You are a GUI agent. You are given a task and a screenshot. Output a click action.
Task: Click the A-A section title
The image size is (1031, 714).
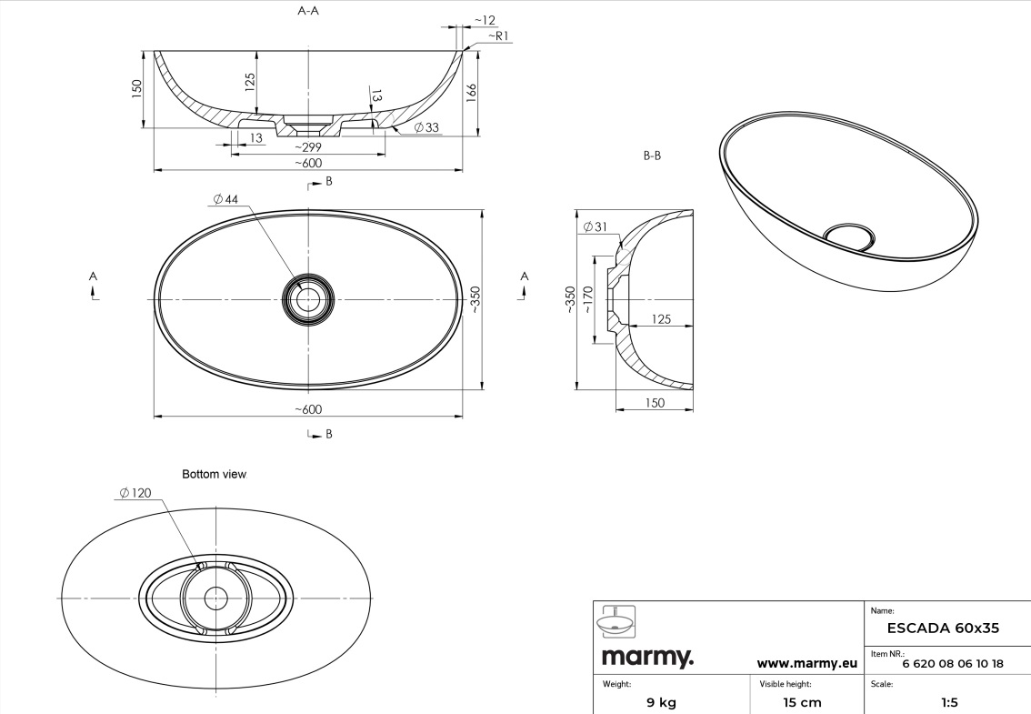coord(308,11)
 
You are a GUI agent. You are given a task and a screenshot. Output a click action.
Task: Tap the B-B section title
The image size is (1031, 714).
coord(652,156)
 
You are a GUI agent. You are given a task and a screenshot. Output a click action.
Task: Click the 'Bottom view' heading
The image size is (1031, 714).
coord(214,474)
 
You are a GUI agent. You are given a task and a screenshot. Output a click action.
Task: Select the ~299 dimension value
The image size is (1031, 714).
coord(307,146)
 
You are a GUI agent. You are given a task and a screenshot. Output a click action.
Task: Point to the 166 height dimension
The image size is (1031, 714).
coord(471,93)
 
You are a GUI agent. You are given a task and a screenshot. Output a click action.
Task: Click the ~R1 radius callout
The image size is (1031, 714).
coord(498,35)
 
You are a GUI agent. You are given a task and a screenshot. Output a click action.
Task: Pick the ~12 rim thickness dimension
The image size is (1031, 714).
coord(485,20)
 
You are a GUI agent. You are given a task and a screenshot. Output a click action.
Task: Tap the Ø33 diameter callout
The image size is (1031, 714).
coord(426,127)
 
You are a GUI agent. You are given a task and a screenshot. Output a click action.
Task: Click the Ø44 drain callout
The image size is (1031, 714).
coord(225,198)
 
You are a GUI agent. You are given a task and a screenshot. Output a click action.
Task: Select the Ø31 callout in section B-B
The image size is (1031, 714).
coord(596,227)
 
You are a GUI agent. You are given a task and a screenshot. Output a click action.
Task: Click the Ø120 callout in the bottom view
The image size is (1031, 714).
coord(135,492)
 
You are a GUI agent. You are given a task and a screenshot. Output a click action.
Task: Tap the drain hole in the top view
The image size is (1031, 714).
coord(308,299)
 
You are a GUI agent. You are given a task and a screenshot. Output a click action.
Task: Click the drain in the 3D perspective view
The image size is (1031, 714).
coord(849,236)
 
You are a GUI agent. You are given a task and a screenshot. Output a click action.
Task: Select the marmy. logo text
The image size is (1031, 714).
coord(647,657)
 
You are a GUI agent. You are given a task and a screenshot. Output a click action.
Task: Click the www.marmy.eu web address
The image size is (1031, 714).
coord(806,663)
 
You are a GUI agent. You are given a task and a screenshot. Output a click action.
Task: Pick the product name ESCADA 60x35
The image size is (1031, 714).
coord(943,628)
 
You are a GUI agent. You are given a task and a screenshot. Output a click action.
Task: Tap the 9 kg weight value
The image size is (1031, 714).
coord(661,702)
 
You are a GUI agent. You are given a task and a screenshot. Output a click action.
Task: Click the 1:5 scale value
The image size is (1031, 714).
coord(949,702)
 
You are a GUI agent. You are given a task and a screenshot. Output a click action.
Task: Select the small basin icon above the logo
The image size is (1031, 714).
coord(616,622)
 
